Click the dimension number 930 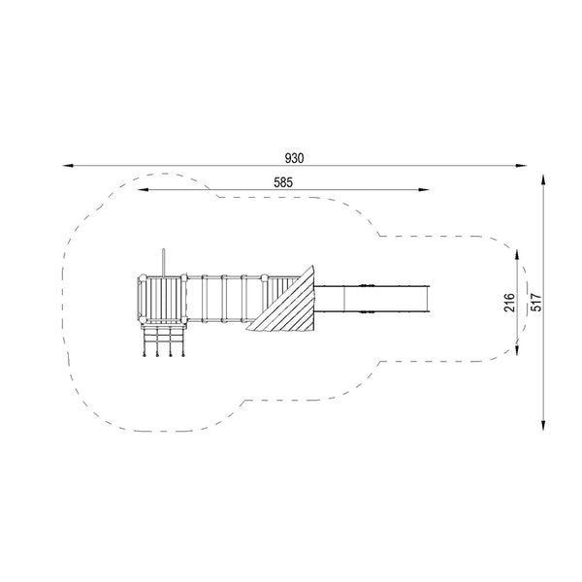[294, 158]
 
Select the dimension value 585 [283, 182]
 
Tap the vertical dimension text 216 [509, 302]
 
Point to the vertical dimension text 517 [536, 302]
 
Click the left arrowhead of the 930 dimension [68, 166]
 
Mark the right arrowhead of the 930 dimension [522, 166]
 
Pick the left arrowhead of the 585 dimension [143, 190]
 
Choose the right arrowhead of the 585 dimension [424, 190]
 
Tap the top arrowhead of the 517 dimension [543, 180]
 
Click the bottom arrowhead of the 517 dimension [543, 425]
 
